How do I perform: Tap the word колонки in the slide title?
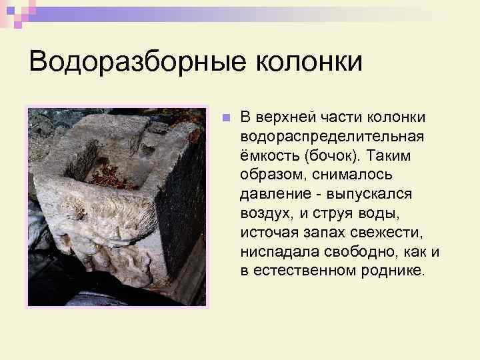tap(309, 63)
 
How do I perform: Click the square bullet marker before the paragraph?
tap(226, 118)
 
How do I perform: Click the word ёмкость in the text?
tap(268, 155)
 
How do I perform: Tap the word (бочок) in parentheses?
tap(330, 155)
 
